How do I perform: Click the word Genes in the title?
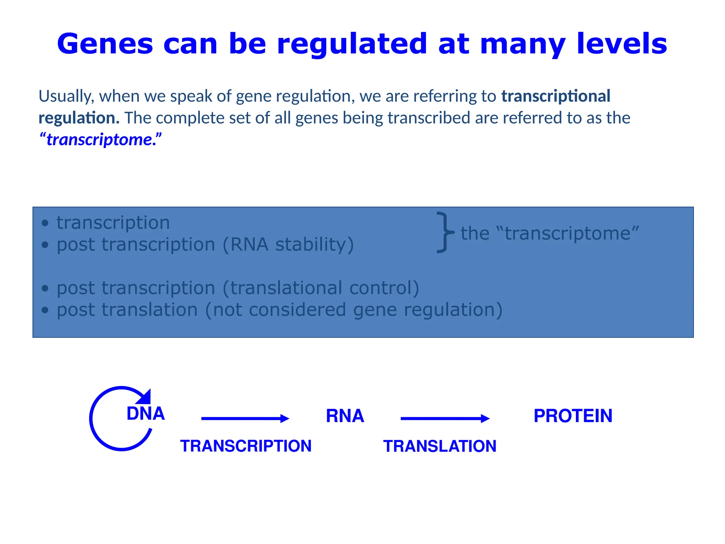coord(105,44)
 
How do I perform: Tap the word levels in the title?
coord(622,44)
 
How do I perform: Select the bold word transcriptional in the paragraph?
coord(556,96)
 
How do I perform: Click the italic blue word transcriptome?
coord(100,140)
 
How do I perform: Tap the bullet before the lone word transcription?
coord(45,223)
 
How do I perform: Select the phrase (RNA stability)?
coord(288,245)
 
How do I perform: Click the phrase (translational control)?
coord(321,288)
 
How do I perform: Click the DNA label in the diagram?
coord(145,414)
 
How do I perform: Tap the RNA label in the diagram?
coord(345,416)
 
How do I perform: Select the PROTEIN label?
coord(573,416)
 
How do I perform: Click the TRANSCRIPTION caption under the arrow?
coord(246,446)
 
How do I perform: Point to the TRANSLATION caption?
coord(440,446)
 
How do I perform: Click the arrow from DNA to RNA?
coord(245,419)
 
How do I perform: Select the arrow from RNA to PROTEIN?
coord(445,419)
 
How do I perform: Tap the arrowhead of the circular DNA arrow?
coord(145,397)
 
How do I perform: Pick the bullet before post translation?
coord(45,310)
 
